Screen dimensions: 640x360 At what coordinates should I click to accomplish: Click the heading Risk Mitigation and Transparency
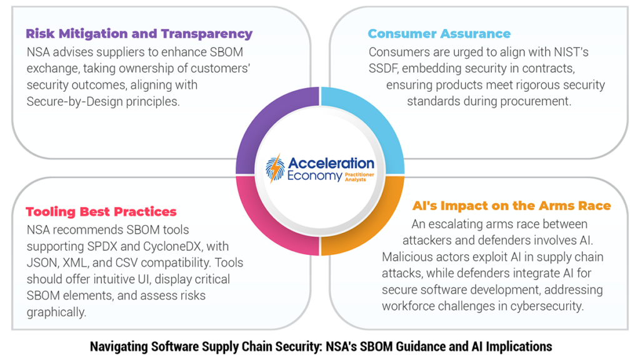coord(139,34)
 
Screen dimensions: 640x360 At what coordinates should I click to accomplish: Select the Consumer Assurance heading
coord(439,34)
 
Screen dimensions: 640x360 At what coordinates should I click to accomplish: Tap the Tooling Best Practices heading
coord(101,211)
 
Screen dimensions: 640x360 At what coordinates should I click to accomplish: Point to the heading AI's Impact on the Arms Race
coord(511,206)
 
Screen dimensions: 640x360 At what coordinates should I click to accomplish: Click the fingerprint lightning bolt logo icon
coord(276,168)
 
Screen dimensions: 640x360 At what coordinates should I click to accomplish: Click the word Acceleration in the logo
coord(331,163)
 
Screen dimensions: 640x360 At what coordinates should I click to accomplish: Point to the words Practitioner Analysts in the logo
coord(359,177)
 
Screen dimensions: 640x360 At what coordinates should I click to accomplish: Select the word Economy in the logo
coord(315,176)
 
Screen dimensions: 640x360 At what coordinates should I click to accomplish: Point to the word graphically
coord(56,312)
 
